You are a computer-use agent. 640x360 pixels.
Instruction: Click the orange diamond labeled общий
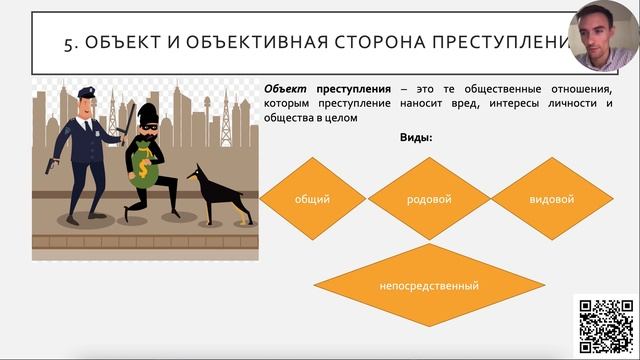[313, 199]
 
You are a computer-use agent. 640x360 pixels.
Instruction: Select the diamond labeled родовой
[429, 199]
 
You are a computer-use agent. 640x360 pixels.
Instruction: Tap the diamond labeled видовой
[551, 199]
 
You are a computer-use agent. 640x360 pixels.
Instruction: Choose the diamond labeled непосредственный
[429, 286]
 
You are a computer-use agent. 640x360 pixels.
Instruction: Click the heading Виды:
[416, 137]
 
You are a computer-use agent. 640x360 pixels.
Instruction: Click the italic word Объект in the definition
[286, 88]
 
